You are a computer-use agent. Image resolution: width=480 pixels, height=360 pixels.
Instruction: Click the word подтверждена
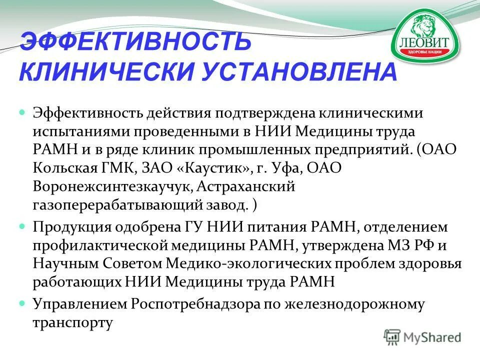pos(256,113)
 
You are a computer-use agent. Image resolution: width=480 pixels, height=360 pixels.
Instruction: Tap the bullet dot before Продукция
pos(22,227)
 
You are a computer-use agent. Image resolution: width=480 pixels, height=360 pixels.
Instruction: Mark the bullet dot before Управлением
pos(22,303)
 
